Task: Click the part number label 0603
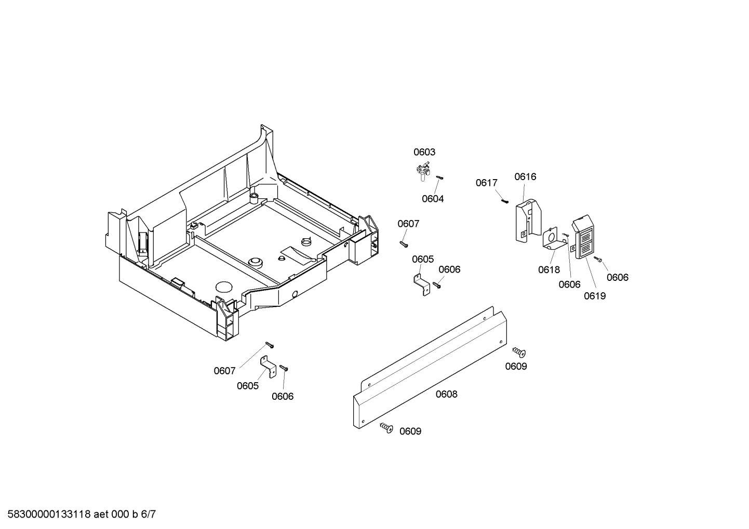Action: coord(424,152)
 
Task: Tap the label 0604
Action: coord(433,199)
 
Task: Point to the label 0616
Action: coord(525,177)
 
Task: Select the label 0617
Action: coord(487,183)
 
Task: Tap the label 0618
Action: coord(549,269)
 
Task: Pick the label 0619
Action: coord(595,296)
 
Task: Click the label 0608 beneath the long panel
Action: coord(446,394)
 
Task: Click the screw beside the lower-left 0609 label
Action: coord(385,427)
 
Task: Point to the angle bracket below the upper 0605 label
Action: coord(422,285)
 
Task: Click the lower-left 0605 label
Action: coord(248,386)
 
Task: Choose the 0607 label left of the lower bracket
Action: coord(224,371)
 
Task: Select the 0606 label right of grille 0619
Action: coord(618,277)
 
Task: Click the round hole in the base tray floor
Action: coord(224,287)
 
